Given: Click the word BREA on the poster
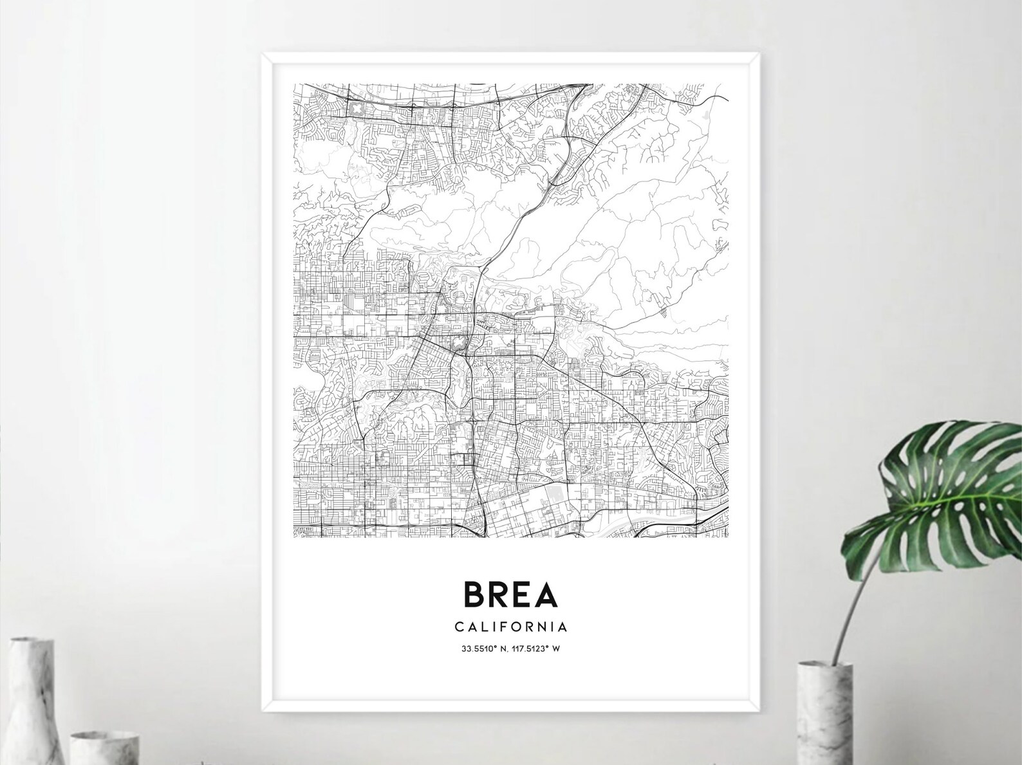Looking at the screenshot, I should (510, 594).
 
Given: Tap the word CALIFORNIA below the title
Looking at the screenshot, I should (510, 626).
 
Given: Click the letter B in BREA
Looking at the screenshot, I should (475, 594).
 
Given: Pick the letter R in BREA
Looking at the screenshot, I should (499, 594).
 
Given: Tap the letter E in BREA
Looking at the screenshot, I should (521, 594).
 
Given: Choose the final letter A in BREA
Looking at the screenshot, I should (546, 594).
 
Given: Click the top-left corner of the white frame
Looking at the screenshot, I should (262, 55).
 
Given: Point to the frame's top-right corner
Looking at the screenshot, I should (759, 55).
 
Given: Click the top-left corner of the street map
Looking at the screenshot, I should (294, 84).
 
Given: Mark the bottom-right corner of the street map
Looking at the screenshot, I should (729, 537).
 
